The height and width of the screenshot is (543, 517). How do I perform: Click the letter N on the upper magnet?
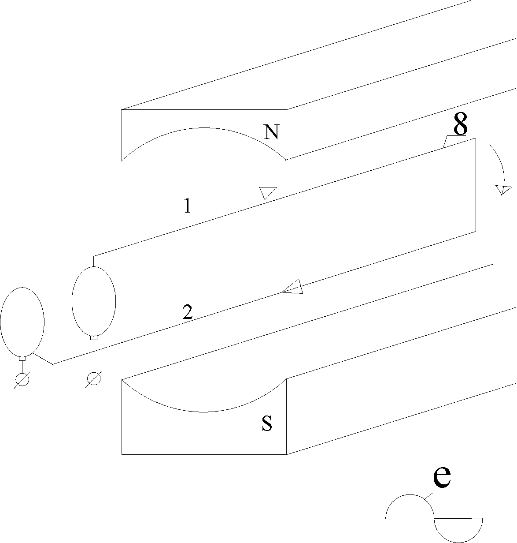pos(272,132)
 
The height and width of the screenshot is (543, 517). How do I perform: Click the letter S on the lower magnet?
pos(267,423)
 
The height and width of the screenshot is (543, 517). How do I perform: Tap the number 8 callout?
pos(460,125)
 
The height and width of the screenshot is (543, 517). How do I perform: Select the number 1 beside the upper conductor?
pos(188,206)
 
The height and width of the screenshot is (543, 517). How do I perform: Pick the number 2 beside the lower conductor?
pos(188,313)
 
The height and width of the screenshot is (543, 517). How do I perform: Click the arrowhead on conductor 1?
pos(267,192)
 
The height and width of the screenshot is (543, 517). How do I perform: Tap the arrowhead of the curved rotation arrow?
pos(503,190)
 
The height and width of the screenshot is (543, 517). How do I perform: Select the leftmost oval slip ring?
pos(22,322)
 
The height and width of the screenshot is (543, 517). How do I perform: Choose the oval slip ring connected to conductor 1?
pos(94,301)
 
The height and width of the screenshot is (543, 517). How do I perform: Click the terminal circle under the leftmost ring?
pos(22,379)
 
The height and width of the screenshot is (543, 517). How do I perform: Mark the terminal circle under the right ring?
pos(94,378)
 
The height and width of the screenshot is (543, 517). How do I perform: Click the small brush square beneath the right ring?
pos(94,338)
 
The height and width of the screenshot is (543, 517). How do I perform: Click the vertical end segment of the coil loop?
pos(476,185)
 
